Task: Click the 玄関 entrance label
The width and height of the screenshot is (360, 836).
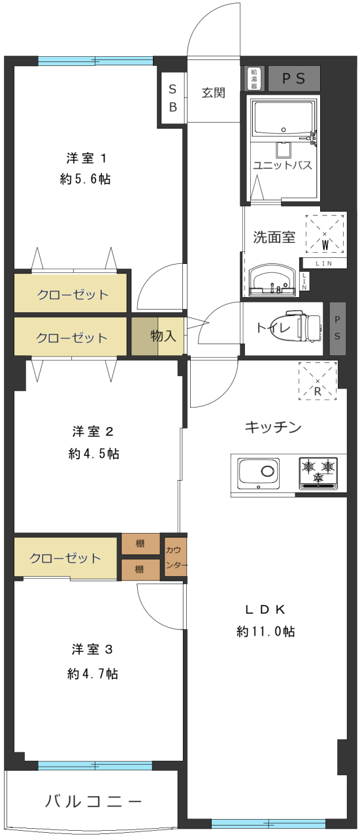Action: [213, 93]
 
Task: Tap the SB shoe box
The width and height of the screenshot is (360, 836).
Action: [172, 98]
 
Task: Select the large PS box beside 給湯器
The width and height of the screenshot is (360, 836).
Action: [294, 78]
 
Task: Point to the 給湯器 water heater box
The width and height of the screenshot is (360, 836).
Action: [254, 78]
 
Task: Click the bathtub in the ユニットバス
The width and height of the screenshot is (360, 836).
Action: [284, 118]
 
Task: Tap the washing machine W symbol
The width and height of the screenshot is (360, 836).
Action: [325, 234]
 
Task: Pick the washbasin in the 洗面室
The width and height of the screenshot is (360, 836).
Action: [272, 281]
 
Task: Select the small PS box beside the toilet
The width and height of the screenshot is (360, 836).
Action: [337, 328]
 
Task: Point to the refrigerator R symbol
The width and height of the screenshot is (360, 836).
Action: [318, 381]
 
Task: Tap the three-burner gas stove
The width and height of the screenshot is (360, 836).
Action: [318, 474]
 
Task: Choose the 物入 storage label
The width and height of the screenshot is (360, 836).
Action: [163, 336]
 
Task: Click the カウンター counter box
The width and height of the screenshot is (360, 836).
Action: [175, 557]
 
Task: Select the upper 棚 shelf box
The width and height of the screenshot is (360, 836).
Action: [140, 544]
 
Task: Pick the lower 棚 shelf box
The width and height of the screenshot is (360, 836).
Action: [140, 570]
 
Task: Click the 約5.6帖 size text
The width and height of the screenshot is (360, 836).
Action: [85, 179]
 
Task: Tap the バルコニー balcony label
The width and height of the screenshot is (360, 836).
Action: [93, 801]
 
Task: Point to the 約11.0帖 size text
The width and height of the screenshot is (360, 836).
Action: [265, 631]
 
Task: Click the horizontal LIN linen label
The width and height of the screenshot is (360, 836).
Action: [324, 263]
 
